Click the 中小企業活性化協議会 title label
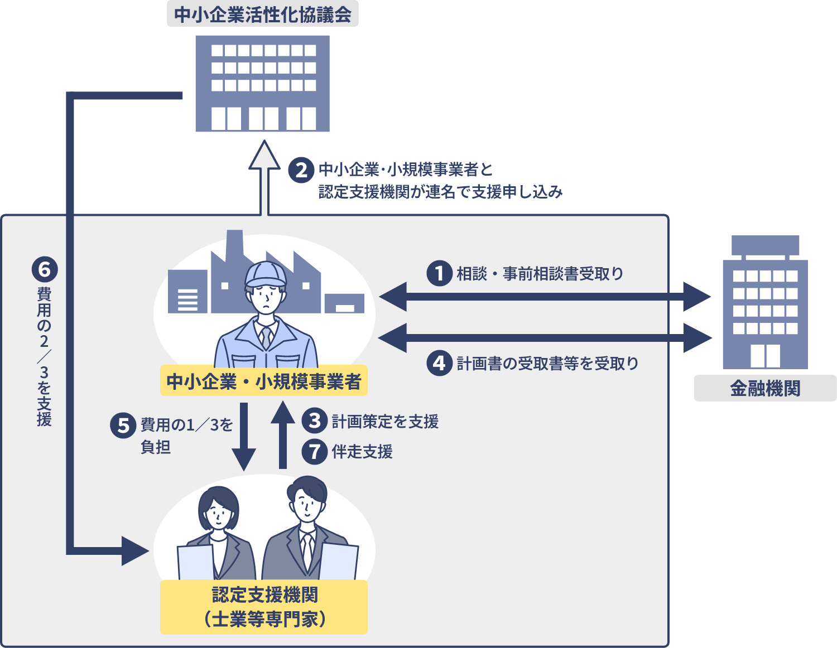click(x=262, y=14)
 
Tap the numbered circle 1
click(x=439, y=273)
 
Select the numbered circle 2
click(x=301, y=170)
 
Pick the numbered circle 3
click(x=315, y=420)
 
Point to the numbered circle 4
click(x=439, y=363)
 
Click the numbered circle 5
click(x=123, y=425)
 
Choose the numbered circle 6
click(x=44, y=270)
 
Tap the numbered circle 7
click(x=315, y=451)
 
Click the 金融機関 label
click(x=765, y=388)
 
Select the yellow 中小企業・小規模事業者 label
click(x=264, y=381)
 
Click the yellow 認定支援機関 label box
click(x=264, y=607)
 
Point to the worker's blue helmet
click(x=266, y=273)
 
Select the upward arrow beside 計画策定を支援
click(x=283, y=435)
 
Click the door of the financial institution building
click(x=765, y=355)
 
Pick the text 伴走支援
click(x=362, y=452)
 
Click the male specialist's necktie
click(x=307, y=549)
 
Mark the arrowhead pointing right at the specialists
click(x=134, y=551)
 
